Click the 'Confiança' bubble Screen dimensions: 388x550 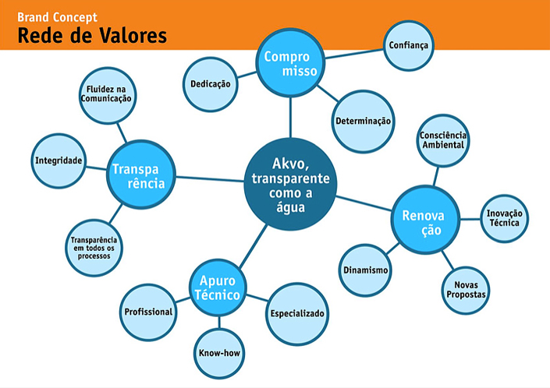[408, 46]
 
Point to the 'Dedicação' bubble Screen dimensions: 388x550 [211, 83]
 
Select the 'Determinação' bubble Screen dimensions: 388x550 [363, 120]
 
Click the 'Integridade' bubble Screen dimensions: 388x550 [58, 160]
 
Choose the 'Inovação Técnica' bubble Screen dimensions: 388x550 [505, 217]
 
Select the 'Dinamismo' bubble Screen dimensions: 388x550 [366, 270]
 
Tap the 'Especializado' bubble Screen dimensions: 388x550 [297, 314]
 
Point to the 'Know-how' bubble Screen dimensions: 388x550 [219, 352]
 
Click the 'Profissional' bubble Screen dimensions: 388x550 [148, 312]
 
